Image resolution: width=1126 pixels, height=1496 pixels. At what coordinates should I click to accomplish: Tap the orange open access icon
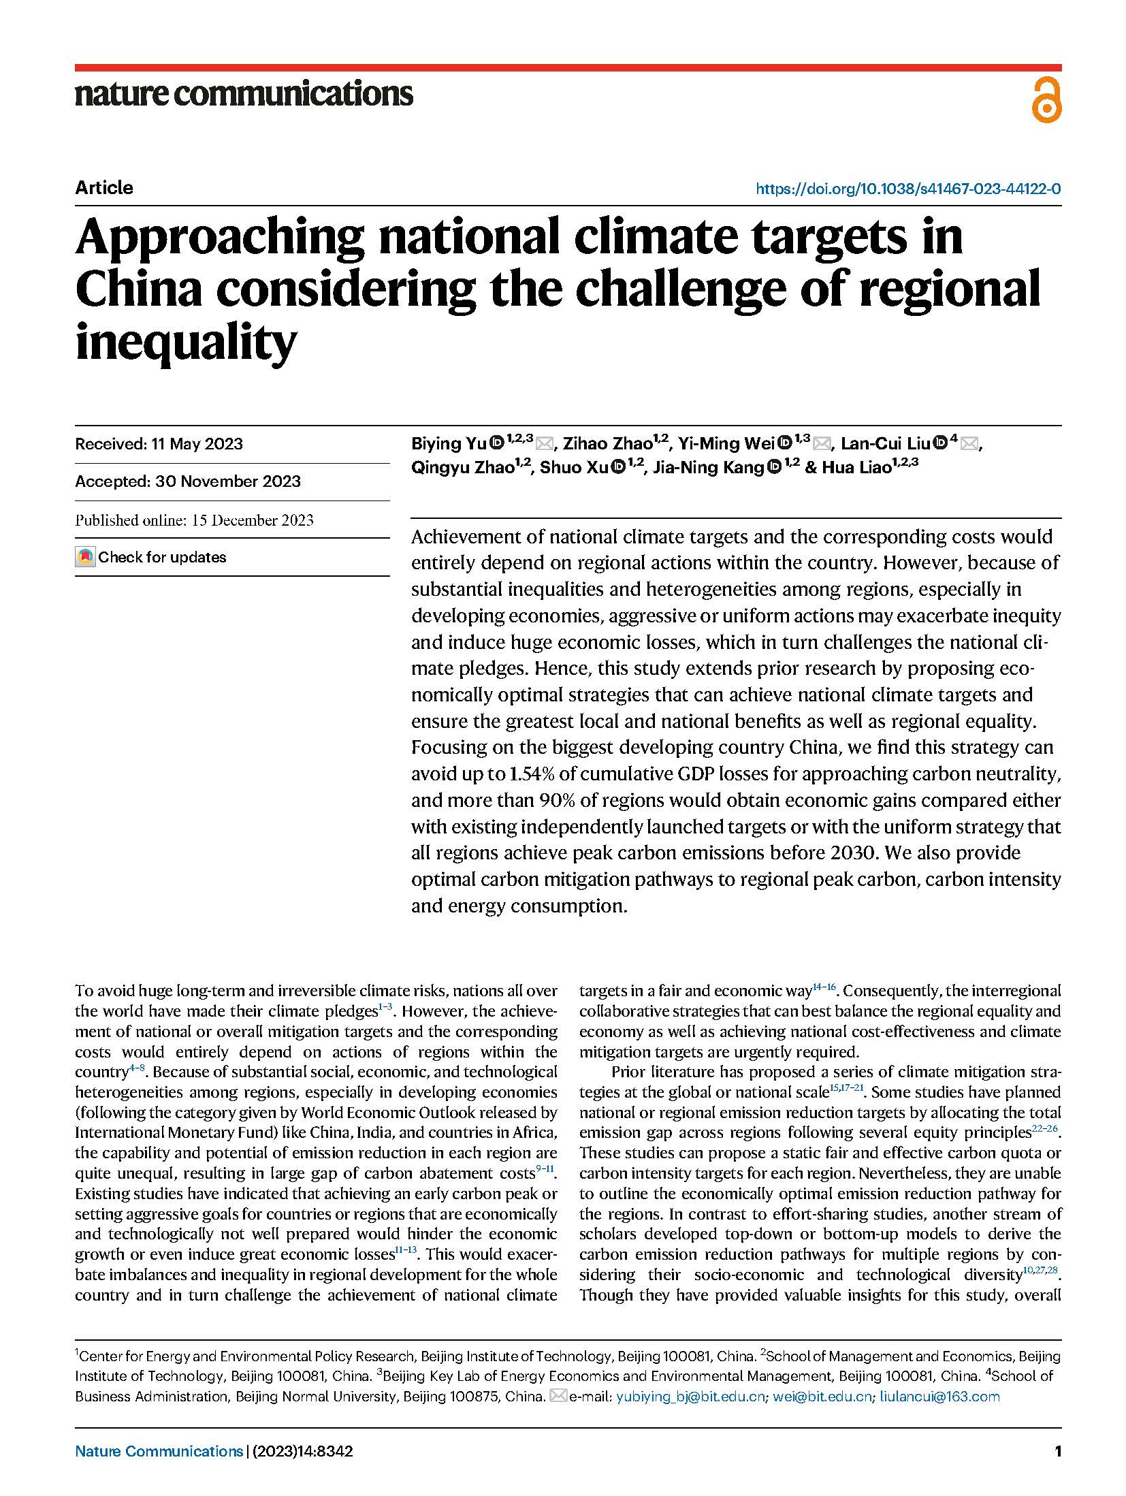click(x=1046, y=101)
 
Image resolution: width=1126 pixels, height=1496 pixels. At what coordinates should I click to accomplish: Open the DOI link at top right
click(x=907, y=189)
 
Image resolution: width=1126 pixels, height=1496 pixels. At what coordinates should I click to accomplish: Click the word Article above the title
click(x=104, y=188)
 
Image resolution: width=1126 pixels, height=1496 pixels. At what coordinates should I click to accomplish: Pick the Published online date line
click(x=194, y=520)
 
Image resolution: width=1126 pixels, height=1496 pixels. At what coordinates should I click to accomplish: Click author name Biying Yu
click(x=449, y=444)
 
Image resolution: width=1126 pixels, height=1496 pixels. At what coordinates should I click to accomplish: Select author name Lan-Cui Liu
click(x=884, y=444)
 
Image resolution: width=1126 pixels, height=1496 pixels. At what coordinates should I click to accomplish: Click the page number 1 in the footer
click(x=1057, y=1451)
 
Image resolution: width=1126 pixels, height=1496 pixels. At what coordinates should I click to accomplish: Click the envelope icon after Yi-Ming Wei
click(x=822, y=445)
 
